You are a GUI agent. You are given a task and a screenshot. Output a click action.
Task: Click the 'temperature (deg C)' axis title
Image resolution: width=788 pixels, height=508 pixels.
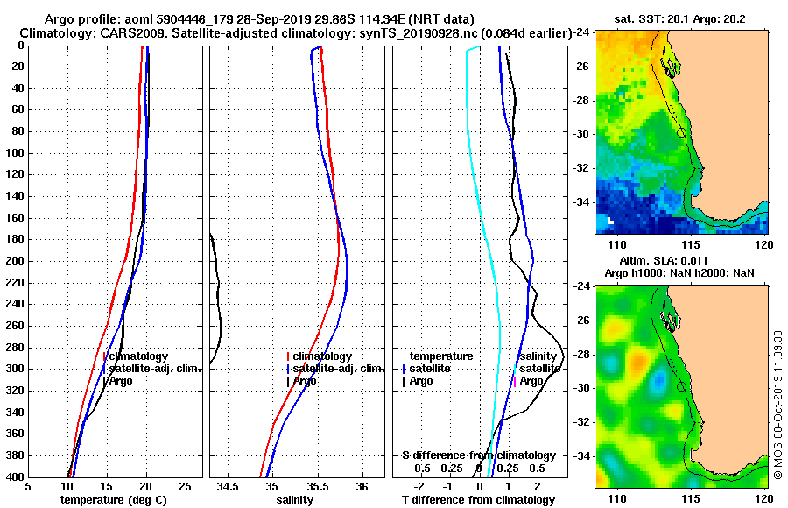tap(113, 500)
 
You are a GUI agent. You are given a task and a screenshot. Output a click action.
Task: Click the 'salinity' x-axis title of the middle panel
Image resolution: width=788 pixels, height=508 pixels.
tap(295, 500)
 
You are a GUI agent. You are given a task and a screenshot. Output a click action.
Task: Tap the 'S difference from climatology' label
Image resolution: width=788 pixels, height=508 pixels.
tap(479, 455)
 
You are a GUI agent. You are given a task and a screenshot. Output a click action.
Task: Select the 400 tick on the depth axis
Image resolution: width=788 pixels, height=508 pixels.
tap(17, 477)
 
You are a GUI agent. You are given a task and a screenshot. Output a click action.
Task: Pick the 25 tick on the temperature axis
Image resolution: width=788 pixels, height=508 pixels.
tap(185, 486)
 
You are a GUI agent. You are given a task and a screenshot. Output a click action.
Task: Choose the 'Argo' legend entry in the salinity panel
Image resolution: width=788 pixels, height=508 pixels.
tap(306, 381)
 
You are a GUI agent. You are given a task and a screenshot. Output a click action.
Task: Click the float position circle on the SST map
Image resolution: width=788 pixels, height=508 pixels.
tap(681, 132)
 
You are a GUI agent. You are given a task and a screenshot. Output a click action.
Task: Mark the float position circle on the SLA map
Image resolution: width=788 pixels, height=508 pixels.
tap(681, 385)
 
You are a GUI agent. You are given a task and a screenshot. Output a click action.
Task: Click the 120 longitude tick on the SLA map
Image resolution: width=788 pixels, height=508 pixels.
tap(765, 497)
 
